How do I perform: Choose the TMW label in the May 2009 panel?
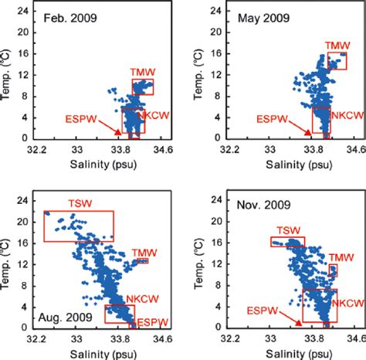click(334, 46)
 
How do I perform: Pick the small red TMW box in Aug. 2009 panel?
click(142, 261)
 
